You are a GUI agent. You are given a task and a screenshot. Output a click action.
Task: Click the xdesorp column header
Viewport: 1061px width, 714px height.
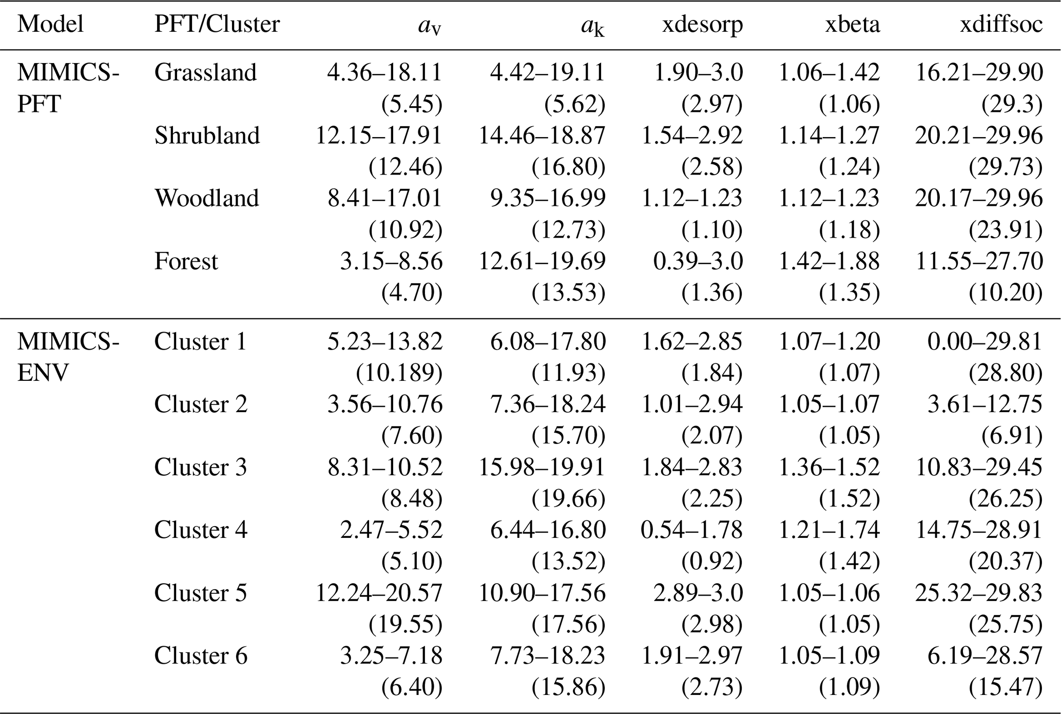tap(702, 25)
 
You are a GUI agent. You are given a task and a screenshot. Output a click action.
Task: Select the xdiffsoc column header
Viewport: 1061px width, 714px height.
tap(1001, 25)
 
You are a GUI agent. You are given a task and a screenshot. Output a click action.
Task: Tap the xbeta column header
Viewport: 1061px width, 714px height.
tap(852, 25)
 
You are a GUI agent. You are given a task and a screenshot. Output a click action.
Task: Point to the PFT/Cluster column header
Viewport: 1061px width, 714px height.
tap(217, 25)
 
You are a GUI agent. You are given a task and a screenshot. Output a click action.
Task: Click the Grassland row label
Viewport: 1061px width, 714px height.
tap(205, 72)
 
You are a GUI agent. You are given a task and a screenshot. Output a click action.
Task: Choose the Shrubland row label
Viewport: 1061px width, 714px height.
tap(207, 136)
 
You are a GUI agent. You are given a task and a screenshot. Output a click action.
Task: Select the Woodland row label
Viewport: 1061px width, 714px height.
tap(207, 198)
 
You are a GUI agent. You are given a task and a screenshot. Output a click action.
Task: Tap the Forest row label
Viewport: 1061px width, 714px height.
tap(186, 261)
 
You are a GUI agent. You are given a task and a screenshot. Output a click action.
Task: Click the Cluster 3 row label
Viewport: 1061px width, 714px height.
tap(201, 467)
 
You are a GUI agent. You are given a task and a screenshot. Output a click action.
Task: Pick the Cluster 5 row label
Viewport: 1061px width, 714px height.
tap(201, 593)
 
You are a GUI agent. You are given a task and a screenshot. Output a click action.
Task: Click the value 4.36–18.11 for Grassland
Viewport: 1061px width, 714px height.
tap(385, 72)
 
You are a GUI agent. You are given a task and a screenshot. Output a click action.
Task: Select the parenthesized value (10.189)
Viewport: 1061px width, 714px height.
tap(399, 373)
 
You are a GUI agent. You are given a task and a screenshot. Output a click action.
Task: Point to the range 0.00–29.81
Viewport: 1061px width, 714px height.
tap(985, 341)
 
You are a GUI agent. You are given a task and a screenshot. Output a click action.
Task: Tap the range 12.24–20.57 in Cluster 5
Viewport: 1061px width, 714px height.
tap(379, 593)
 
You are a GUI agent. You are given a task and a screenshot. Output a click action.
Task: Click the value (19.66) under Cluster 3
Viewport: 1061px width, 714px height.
tap(569, 498)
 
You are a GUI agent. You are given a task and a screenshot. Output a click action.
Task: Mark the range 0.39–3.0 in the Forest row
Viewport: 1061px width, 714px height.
tap(698, 261)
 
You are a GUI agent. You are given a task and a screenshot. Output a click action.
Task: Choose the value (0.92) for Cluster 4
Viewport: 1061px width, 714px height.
tap(712, 562)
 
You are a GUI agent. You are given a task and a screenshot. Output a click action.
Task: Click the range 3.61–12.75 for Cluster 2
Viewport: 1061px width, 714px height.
tap(985, 404)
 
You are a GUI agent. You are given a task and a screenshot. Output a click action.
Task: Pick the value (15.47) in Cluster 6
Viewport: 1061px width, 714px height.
tap(1006, 687)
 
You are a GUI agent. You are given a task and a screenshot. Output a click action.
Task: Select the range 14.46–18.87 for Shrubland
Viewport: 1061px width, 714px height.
tap(542, 136)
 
